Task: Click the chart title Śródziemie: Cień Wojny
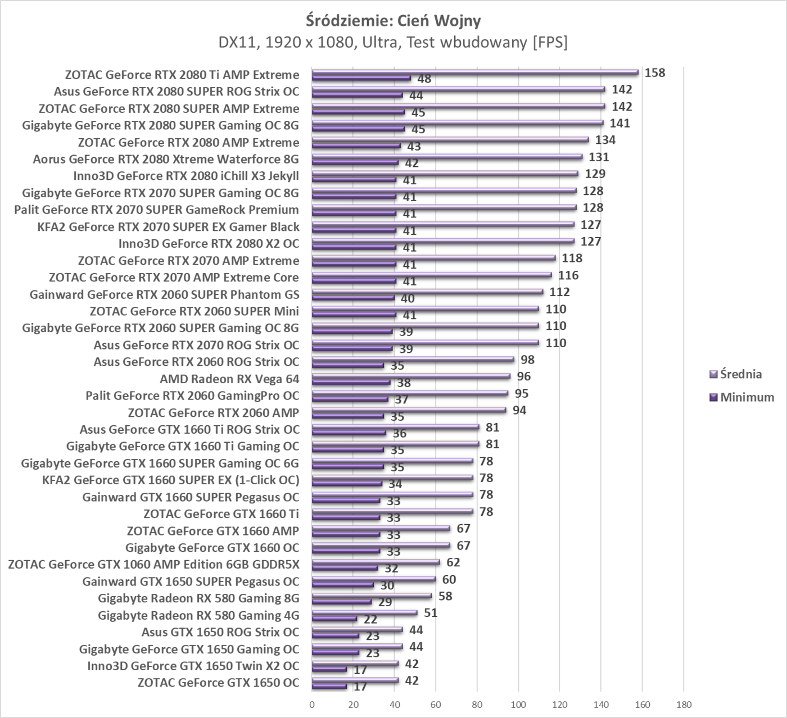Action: point(393,21)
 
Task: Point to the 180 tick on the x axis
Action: point(684,705)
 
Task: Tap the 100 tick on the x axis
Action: point(518,705)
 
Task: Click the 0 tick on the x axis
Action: point(312,705)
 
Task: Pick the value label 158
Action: point(655,72)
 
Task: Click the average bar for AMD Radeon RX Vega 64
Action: point(411,376)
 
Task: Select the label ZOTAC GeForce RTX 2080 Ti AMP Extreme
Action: point(182,75)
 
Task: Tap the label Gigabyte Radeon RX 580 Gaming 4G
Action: point(198,615)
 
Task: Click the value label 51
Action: point(431,612)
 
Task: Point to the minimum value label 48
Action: point(424,79)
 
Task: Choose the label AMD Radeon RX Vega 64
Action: point(229,379)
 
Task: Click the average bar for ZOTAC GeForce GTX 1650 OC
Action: point(355,680)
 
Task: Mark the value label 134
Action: point(605,140)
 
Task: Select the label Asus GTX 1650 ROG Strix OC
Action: point(220,632)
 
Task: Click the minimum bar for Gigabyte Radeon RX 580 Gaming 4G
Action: point(334,619)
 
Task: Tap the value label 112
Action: point(559,292)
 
